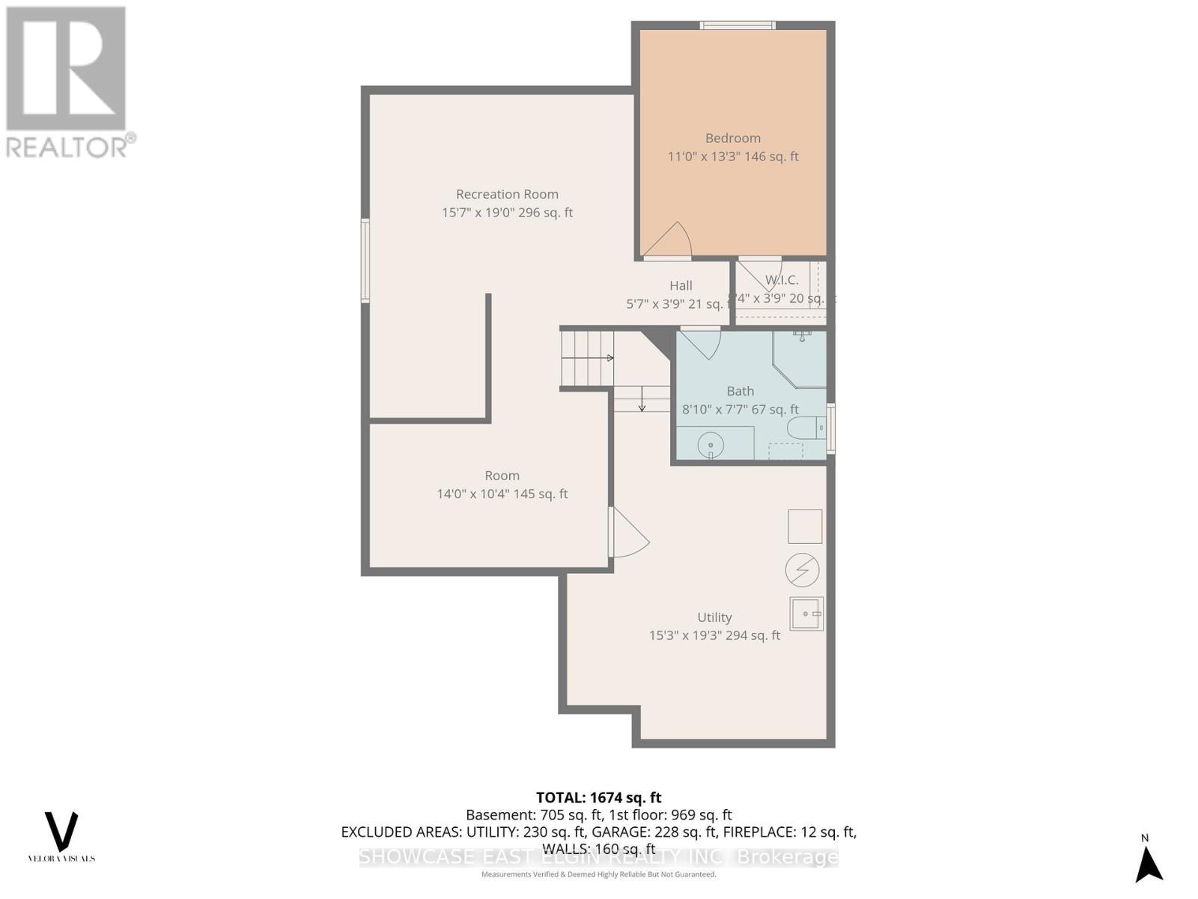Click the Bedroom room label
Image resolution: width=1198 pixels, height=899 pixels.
click(732, 139)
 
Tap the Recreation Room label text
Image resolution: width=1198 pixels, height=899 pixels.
click(507, 194)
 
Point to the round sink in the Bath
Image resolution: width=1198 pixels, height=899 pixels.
click(710, 446)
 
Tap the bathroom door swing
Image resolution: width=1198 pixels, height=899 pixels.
click(702, 344)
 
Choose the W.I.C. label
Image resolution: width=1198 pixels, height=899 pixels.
click(781, 280)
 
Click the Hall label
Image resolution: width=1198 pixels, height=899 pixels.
click(681, 285)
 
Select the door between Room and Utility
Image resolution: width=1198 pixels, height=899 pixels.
click(627, 533)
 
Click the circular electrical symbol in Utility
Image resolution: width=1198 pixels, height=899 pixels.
click(802, 571)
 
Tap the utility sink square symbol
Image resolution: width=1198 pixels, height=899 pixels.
click(806, 614)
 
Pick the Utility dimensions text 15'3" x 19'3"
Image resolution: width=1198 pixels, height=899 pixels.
click(714, 635)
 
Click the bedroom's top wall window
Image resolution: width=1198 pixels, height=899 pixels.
click(737, 25)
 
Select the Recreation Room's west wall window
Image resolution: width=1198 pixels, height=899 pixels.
click(365, 260)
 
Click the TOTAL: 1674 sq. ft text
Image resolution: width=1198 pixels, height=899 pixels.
click(598, 798)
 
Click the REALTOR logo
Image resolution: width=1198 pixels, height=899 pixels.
click(68, 82)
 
